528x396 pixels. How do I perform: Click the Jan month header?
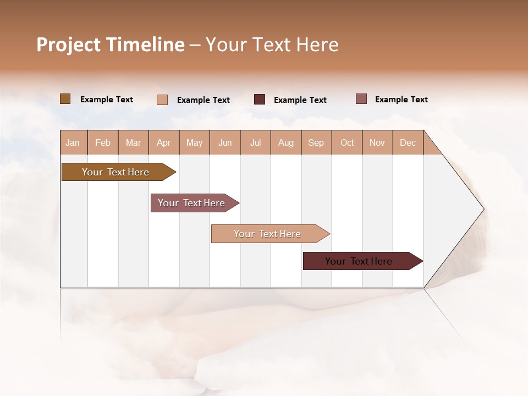point(73,142)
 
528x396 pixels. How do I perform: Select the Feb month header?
point(103,142)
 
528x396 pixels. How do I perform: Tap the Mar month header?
point(133,142)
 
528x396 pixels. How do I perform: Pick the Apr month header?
point(164,142)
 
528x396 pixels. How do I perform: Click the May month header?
point(194,142)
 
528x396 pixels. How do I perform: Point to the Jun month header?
point(225,142)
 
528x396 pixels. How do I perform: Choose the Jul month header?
point(255,142)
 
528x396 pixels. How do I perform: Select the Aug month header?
point(286,142)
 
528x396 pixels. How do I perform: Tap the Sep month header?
point(316,142)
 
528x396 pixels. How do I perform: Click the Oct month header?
point(347,142)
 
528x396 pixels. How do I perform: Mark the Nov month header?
point(377,142)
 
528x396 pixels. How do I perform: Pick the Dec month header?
point(408,142)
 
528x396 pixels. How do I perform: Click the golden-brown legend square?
point(65,99)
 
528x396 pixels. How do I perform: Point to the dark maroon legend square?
point(260,100)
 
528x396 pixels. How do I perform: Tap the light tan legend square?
point(162,100)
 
